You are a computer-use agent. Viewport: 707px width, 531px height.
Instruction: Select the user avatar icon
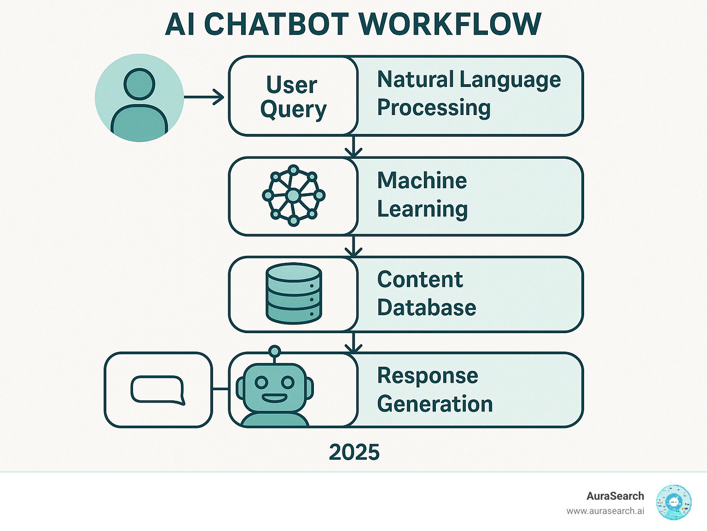139,98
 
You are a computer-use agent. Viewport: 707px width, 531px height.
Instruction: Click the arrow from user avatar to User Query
204,97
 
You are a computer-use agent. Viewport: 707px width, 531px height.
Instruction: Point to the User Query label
293,97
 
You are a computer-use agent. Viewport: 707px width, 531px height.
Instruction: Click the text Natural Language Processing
469,93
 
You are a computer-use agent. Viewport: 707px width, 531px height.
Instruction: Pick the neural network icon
294,196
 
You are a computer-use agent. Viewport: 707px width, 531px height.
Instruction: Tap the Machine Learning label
422,195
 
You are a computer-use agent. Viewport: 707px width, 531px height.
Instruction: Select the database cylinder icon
294,294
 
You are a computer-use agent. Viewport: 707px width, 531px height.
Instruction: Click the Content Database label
426,294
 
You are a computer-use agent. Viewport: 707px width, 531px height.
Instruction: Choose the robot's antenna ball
275,352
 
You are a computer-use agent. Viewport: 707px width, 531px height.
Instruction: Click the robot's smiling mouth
274,398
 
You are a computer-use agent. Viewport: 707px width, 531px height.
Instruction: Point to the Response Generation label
435,390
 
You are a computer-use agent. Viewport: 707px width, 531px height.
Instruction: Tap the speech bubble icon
158,390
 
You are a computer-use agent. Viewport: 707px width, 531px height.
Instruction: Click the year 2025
354,452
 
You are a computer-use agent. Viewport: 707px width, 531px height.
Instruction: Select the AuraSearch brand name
615,496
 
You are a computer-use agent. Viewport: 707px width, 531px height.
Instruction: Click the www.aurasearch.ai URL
605,511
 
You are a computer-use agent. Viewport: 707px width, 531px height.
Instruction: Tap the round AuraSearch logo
674,502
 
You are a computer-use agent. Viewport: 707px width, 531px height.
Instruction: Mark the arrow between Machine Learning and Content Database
353,246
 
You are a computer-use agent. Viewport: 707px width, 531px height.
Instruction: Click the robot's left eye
261,382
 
